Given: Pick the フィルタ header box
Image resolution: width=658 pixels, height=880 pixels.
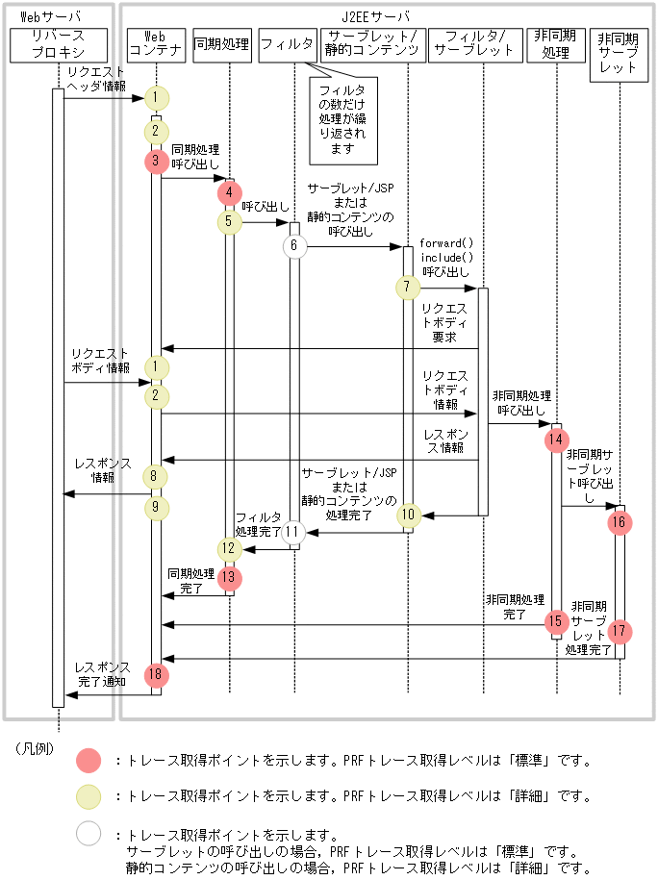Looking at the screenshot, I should (287, 43).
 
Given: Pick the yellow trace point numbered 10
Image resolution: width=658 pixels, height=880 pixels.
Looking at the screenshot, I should (408, 515).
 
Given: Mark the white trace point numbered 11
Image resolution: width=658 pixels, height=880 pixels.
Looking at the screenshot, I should (294, 531).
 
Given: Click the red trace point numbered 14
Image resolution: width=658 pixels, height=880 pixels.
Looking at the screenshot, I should (556, 440).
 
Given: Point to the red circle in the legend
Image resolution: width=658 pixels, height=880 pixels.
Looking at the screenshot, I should (89, 760).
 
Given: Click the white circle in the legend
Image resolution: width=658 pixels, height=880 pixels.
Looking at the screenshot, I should (89, 833).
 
